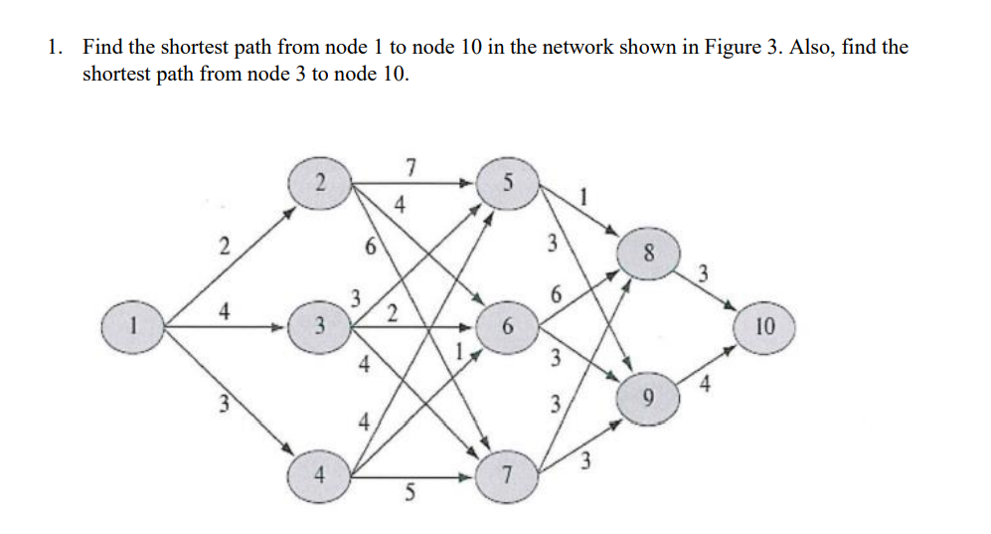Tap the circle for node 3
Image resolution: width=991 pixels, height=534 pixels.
[317, 325]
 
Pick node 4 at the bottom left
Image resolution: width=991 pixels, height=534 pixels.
[318, 475]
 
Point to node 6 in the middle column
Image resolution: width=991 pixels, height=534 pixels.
[508, 326]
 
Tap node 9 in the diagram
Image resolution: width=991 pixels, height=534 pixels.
[648, 398]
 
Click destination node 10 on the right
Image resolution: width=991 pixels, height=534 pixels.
[766, 326]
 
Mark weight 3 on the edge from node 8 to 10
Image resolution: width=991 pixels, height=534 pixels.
[702, 272]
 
